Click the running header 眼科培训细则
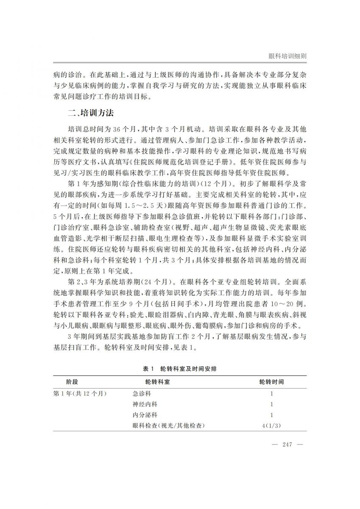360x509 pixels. (288, 56)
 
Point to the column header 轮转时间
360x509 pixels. (271, 382)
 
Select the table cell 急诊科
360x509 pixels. (142, 393)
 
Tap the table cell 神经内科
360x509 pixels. (145, 404)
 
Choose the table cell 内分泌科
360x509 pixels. (145, 415)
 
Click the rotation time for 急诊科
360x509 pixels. (271, 393)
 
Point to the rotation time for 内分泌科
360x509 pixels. (271, 415)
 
